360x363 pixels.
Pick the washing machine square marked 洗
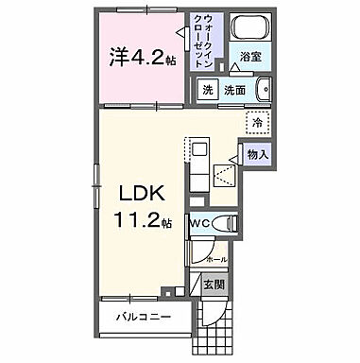pos(207,90)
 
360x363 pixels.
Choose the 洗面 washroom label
pos(234,90)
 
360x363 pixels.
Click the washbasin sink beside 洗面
pos(262,91)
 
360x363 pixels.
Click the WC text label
pos(201,223)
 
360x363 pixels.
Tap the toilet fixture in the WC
pos(224,224)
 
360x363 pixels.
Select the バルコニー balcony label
pos(138,317)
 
